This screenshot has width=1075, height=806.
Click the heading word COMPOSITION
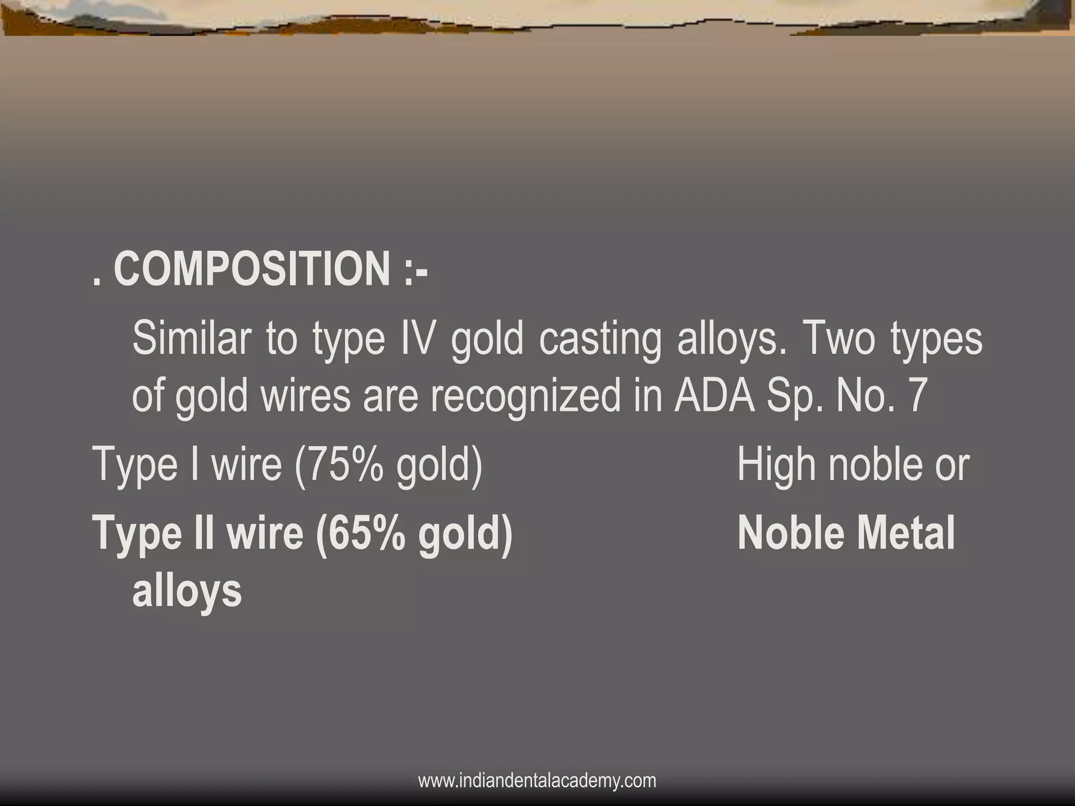(251, 269)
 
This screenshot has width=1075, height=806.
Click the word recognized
(525, 397)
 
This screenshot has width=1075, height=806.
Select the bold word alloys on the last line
(187, 591)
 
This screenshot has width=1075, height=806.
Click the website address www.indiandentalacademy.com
(537, 781)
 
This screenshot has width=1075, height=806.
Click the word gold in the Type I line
(438, 464)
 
